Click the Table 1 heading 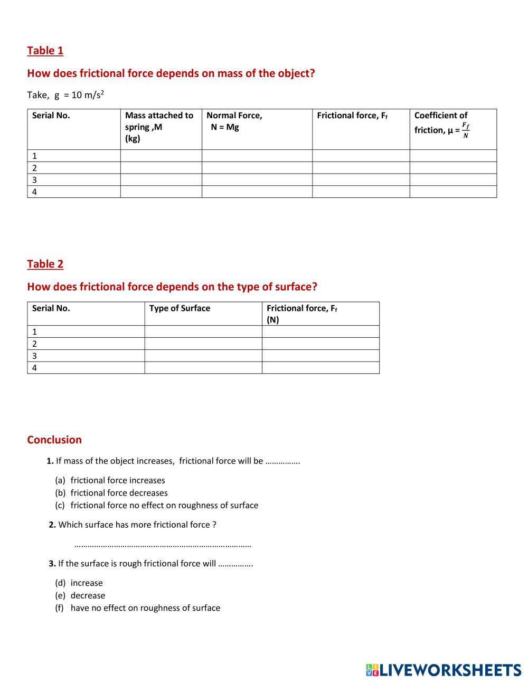click(x=45, y=51)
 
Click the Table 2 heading click(x=45, y=264)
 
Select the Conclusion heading click(x=54, y=440)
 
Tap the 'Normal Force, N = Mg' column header click(x=234, y=121)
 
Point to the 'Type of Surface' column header click(x=180, y=308)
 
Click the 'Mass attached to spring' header click(x=159, y=127)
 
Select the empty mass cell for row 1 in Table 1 click(x=161, y=156)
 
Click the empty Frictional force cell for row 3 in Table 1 click(x=361, y=180)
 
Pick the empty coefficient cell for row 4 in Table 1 click(x=453, y=192)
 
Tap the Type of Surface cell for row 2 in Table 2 click(x=203, y=344)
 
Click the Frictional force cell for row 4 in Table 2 click(x=320, y=368)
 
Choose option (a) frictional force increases click(x=117, y=480)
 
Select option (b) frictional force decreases click(x=119, y=493)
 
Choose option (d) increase click(x=87, y=583)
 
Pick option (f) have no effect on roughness click(x=145, y=608)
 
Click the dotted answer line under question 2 click(x=163, y=545)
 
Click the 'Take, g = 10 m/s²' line click(x=65, y=95)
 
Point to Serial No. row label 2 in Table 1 click(x=35, y=168)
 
